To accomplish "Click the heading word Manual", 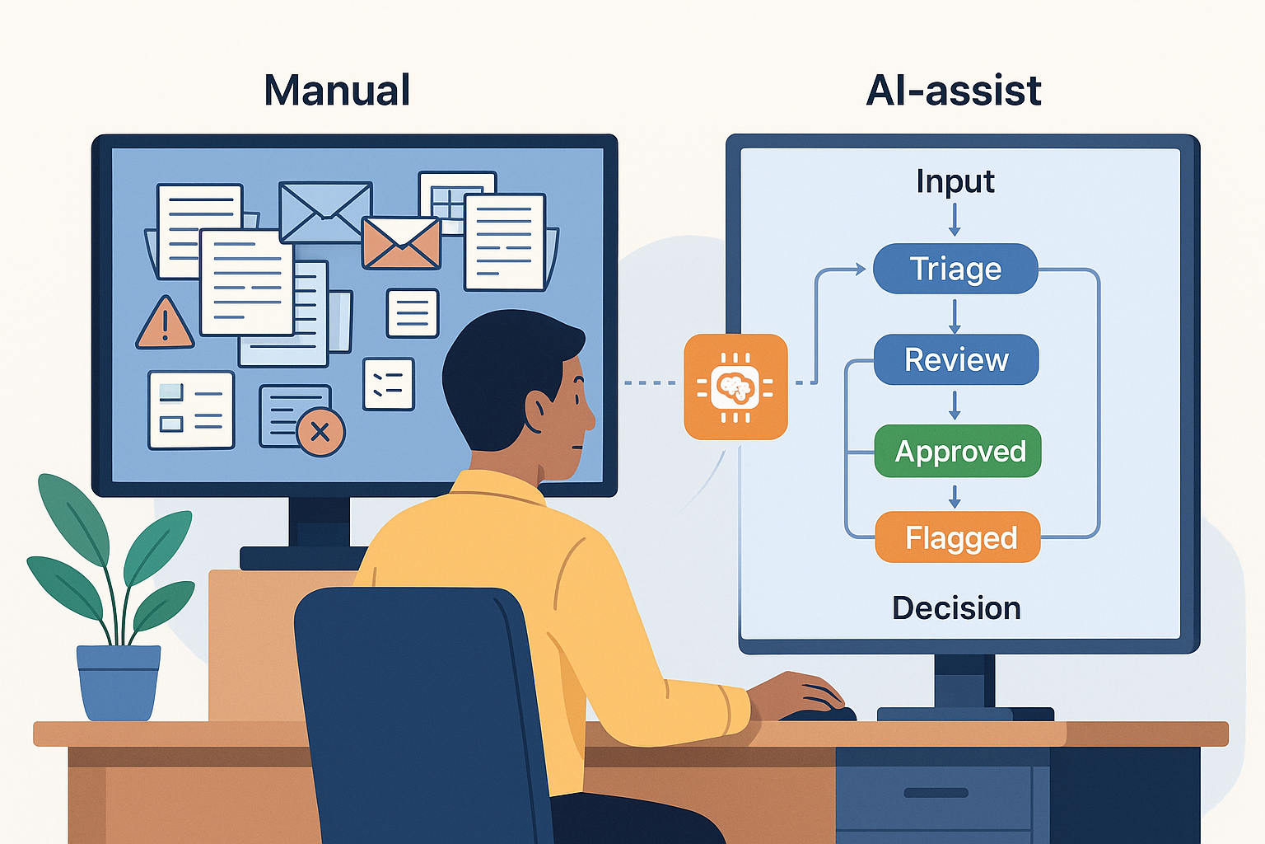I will tap(337, 91).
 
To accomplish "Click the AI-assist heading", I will tap(954, 91).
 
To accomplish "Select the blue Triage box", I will tap(955, 269).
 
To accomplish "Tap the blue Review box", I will tap(956, 359).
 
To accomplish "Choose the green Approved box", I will tap(959, 451).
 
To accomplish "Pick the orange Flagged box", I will tap(959, 537).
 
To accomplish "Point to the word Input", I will tap(955, 181).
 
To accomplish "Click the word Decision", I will tap(956, 608).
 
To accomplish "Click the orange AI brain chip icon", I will tap(735, 387).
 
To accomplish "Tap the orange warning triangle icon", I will tap(165, 324).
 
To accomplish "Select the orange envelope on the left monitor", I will tap(401, 242).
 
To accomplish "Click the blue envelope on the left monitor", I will tap(325, 212).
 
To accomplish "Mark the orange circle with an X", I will tap(320, 432).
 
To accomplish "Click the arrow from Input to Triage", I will tap(955, 220).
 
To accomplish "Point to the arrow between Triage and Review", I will tap(955, 316).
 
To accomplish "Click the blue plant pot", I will tap(119, 682).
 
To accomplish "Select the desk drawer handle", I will tap(936, 793).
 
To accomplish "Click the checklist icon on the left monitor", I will tap(388, 384).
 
